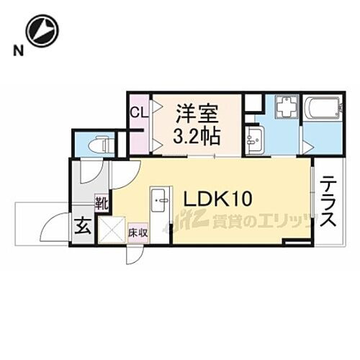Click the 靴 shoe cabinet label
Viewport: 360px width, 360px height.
pos(102,204)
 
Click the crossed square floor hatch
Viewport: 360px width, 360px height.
pos(111,230)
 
